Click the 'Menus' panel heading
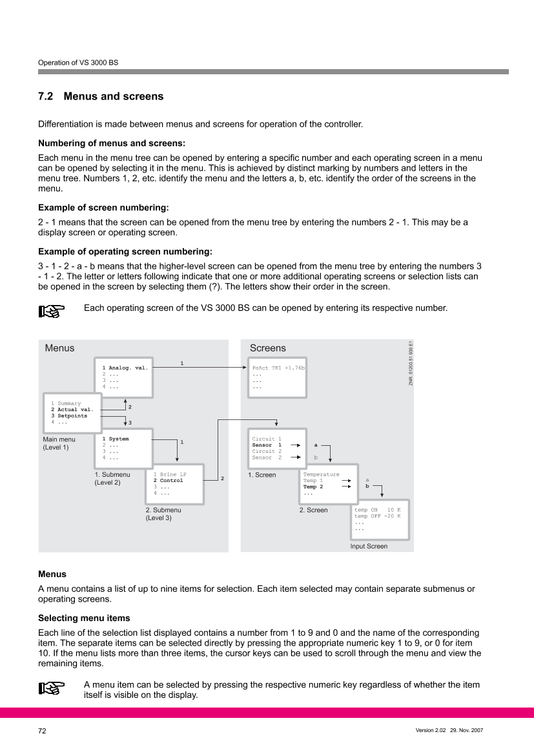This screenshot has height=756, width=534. click(59, 348)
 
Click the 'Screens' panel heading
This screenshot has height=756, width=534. click(268, 348)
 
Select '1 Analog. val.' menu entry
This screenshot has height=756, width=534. click(125, 368)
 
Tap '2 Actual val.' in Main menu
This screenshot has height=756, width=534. click(72, 410)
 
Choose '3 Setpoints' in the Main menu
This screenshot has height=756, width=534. click(69, 416)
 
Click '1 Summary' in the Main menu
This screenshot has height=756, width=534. click(67, 403)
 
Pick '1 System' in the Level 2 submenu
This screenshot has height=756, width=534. click(116, 439)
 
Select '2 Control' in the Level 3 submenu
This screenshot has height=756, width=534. click(168, 481)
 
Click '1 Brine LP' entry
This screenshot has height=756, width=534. click(169, 474)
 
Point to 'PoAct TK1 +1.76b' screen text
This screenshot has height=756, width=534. click(278, 368)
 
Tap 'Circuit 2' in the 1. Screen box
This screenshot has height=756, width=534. click(267, 451)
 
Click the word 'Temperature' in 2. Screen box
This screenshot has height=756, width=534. click(321, 474)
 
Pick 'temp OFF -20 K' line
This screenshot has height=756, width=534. click(377, 516)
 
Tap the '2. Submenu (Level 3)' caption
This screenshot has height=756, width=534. click(163, 514)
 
